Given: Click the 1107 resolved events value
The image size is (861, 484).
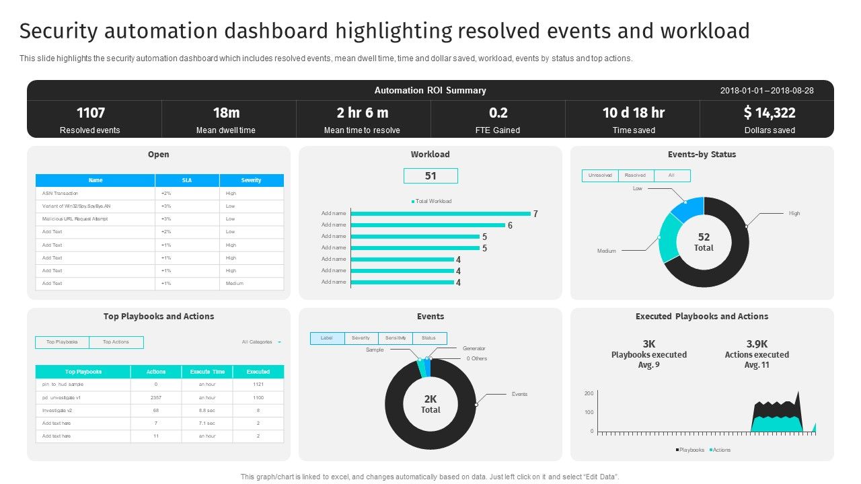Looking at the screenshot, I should [91, 113].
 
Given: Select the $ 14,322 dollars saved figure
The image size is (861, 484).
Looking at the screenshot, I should [770, 113].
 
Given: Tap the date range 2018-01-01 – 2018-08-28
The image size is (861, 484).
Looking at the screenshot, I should [767, 91].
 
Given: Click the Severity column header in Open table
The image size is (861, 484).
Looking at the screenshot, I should [251, 180].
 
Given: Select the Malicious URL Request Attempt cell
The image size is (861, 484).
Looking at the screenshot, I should [75, 218].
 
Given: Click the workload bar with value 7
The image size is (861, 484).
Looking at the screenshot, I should [440, 214].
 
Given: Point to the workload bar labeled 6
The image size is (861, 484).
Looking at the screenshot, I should [428, 225].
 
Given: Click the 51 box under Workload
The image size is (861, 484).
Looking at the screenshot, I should [430, 176].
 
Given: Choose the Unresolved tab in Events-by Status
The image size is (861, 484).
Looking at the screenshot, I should [600, 175].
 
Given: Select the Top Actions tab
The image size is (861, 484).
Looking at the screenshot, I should [116, 342].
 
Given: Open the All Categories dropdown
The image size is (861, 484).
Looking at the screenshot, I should [261, 342].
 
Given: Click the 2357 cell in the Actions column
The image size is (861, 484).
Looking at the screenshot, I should [156, 397].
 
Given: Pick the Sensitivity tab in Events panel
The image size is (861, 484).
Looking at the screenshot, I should [395, 338].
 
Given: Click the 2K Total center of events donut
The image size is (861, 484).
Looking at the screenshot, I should [430, 404].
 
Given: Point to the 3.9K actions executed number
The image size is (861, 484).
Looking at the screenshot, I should [757, 344].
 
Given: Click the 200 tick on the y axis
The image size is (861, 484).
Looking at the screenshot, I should [589, 393].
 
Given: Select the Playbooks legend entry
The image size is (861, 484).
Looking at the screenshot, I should [690, 450].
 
